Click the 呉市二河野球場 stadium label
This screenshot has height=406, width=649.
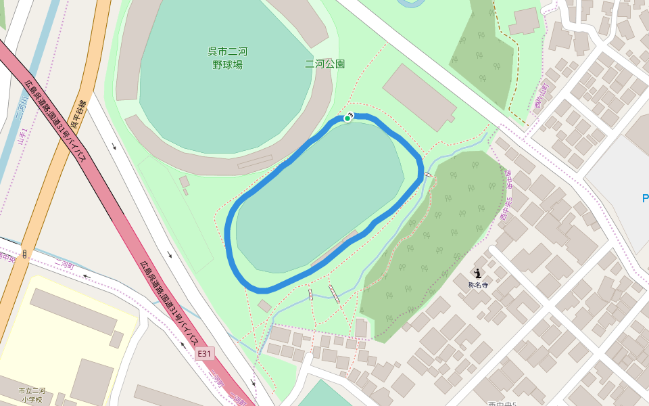(x=226, y=58)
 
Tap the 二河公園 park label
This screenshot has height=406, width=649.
(x=324, y=64)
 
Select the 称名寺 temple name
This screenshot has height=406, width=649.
(x=478, y=285)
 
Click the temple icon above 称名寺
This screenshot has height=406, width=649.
(x=478, y=273)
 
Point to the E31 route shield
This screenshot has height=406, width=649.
(x=205, y=354)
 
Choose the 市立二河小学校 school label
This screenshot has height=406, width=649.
(x=32, y=395)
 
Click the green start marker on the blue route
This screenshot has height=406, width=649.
(x=347, y=118)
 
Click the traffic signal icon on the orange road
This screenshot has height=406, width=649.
(x=24, y=254)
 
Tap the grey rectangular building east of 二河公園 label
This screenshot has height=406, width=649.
(x=419, y=97)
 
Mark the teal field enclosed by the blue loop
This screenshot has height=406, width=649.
(x=318, y=196)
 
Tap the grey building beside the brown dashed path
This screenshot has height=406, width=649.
(x=525, y=20)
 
